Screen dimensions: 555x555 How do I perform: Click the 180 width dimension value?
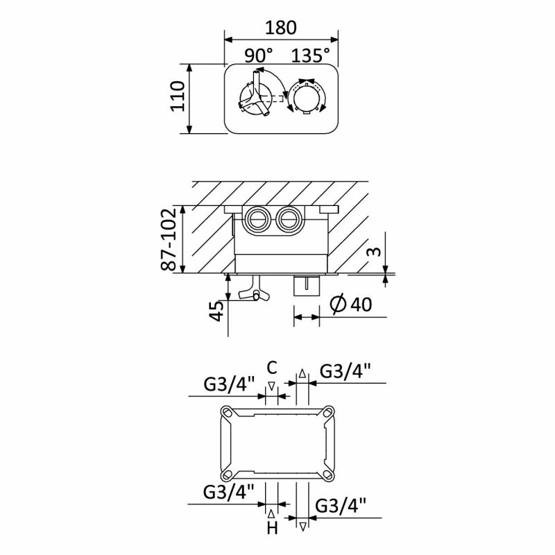(281, 28)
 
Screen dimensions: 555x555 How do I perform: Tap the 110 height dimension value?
(178, 96)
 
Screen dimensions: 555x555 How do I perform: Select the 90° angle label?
(259, 55)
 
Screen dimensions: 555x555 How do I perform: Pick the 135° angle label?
(310, 55)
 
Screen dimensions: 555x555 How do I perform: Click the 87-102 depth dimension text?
(169, 239)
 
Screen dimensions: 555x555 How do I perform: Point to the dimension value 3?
(374, 252)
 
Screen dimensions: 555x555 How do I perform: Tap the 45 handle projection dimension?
(216, 311)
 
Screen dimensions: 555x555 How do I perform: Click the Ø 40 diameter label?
(351, 304)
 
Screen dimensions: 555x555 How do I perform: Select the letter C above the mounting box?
(271, 368)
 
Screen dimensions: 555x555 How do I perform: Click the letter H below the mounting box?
(272, 529)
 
